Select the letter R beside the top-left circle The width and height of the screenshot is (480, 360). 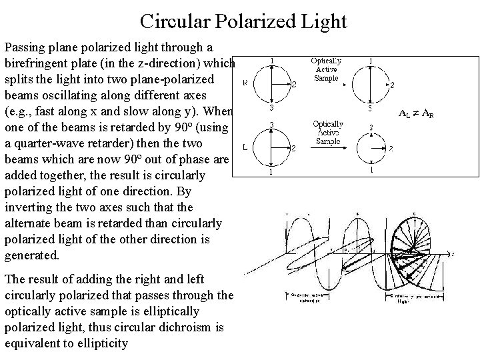pos(245,83)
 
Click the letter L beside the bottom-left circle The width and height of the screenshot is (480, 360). pos(245,147)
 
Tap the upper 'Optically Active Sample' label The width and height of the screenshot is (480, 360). pos(327,69)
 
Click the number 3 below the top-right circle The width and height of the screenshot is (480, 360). pos(371,107)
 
